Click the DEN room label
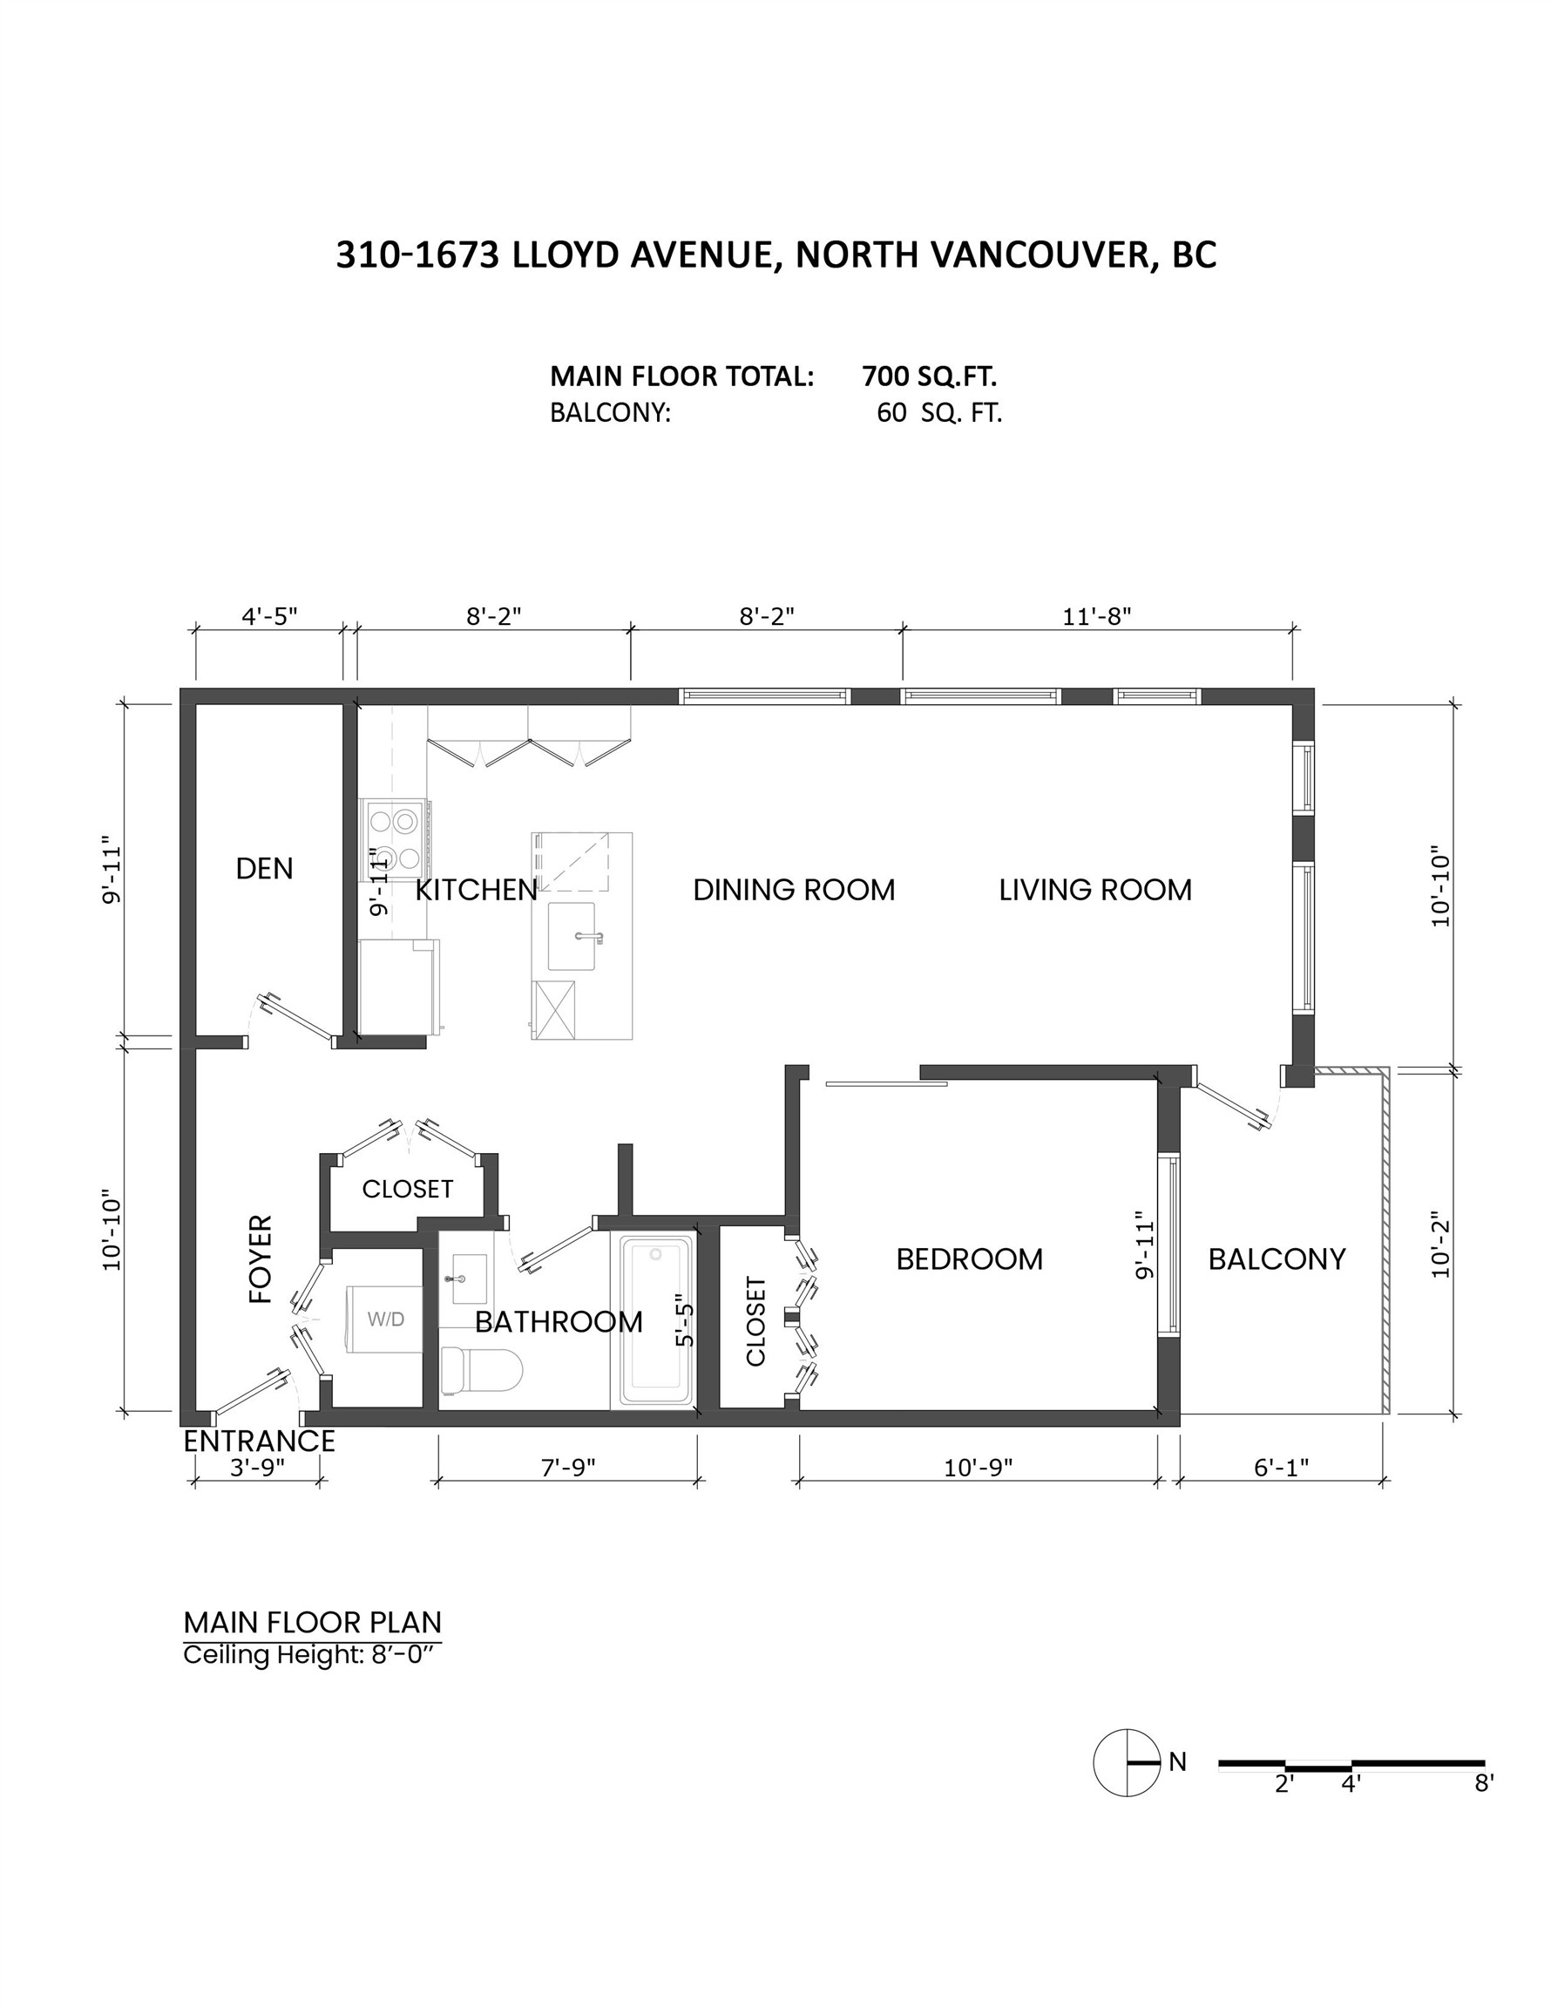(x=264, y=869)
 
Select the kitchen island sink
(x=571, y=936)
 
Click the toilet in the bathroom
(x=481, y=1370)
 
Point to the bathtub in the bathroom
(x=655, y=1320)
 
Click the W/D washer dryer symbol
(x=384, y=1319)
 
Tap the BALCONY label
(x=1277, y=1258)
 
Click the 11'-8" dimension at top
(x=1096, y=616)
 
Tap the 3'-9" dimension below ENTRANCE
(x=257, y=1468)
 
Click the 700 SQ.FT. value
(x=929, y=376)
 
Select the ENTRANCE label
(x=260, y=1441)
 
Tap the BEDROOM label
(x=969, y=1258)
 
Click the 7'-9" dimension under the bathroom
(x=567, y=1468)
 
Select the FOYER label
(x=261, y=1258)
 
